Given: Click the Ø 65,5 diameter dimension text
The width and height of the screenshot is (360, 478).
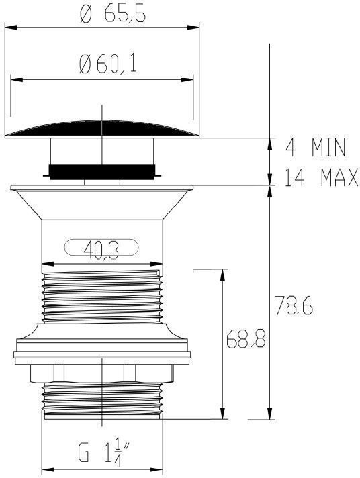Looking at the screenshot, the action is [x=113, y=14].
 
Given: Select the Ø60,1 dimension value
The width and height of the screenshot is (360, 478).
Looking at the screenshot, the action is [x=107, y=65].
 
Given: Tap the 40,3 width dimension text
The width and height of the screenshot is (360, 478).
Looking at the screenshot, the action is [x=101, y=250].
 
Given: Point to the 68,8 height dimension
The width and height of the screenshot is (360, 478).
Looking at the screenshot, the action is [x=246, y=338].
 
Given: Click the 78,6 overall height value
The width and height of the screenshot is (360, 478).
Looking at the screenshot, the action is [x=294, y=305].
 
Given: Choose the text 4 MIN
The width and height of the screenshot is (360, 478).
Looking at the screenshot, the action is [x=316, y=148].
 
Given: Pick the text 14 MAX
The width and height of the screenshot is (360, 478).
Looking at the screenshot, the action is [x=322, y=177].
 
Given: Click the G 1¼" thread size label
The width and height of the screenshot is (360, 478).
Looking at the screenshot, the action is [x=103, y=455].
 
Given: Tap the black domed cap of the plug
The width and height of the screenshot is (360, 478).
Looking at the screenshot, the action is [x=102, y=129].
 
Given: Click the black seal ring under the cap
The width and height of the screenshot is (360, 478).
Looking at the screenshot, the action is [x=102, y=172].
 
